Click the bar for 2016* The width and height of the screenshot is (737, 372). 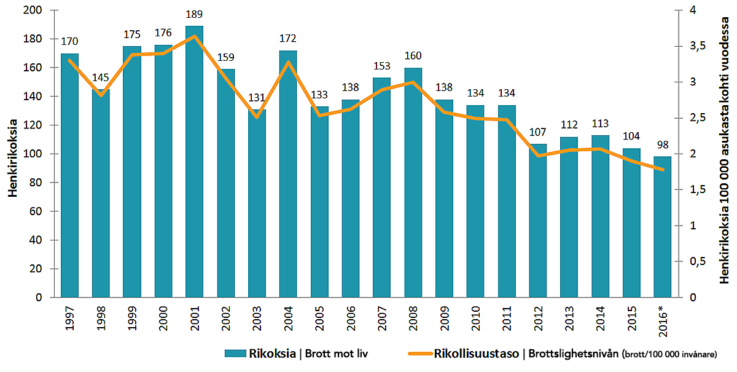click(663, 227)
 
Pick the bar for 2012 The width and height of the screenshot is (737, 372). click(538, 221)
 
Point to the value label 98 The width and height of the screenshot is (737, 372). click(663, 146)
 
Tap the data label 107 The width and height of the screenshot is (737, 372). click(538, 133)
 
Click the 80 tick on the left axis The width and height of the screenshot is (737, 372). click(35, 183)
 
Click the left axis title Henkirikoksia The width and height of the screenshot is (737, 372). click(13, 154)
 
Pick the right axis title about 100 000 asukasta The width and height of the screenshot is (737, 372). click(725, 151)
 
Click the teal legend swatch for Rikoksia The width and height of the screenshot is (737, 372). click(235, 354)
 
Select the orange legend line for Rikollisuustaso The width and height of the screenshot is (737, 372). click(419, 354)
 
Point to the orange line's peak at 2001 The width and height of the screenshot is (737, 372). click(194, 36)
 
